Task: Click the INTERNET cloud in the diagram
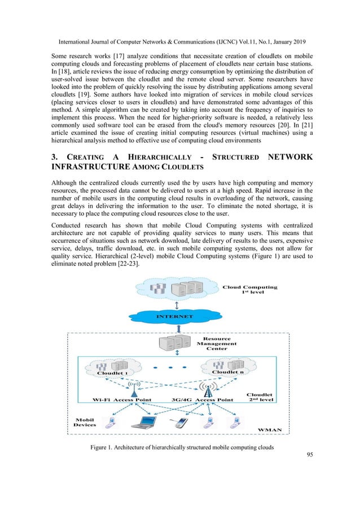point(178,316)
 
